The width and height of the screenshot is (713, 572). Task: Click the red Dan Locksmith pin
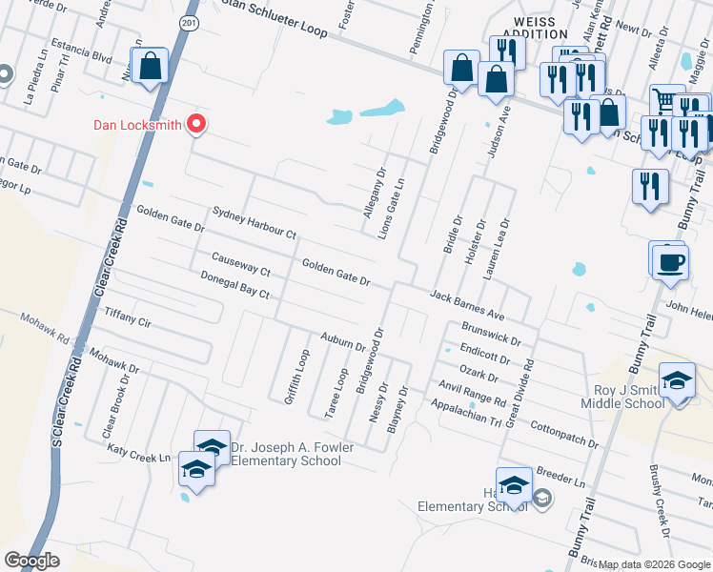[x=197, y=124]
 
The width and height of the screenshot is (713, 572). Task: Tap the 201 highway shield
[x=191, y=21]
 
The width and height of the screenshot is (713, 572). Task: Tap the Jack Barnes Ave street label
[x=466, y=304]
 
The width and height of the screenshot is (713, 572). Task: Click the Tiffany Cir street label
[x=128, y=317]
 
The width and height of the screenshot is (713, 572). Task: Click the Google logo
[x=31, y=560]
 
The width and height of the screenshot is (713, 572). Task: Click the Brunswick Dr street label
[x=490, y=333]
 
